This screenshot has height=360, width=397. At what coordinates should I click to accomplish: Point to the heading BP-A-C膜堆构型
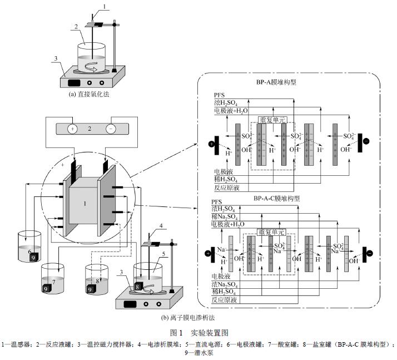pos(277,199)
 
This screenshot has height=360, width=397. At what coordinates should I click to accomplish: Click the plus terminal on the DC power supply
pos(72,129)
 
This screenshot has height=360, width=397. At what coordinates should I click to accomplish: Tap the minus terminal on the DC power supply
pos(111,129)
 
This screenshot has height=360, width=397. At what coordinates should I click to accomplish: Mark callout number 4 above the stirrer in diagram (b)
pos(161,226)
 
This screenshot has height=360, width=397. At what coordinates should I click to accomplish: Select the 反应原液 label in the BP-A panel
pos(225,187)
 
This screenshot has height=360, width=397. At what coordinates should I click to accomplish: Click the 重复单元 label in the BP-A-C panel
pos(271,231)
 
